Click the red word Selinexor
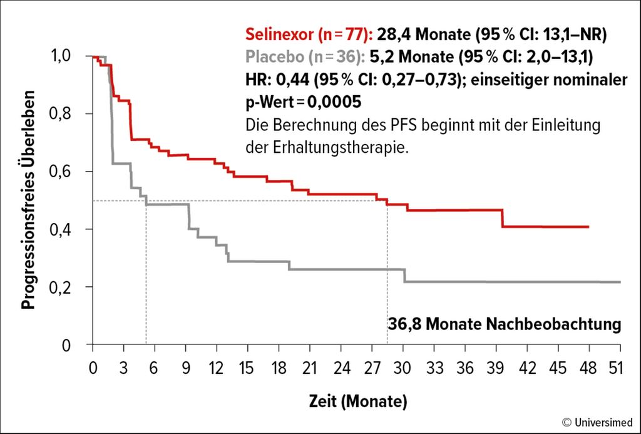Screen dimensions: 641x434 click(x=280, y=34)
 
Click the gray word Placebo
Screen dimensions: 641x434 click(x=275, y=57)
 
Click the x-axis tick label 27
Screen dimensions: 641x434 click(x=372, y=368)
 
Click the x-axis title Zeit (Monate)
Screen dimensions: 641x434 click(x=358, y=401)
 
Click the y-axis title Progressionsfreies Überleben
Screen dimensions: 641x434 click(x=28, y=199)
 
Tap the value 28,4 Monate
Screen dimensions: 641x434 click(x=424, y=34)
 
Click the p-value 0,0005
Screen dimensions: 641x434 click(x=334, y=102)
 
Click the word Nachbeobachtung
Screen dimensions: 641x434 click(x=553, y=324)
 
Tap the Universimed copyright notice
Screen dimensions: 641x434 click(x=597, y=421)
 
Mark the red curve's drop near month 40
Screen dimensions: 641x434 click(x=503, y=218)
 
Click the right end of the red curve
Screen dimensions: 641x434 click(x=588, y=227)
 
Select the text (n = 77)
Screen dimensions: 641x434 click(x=344, y=35)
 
